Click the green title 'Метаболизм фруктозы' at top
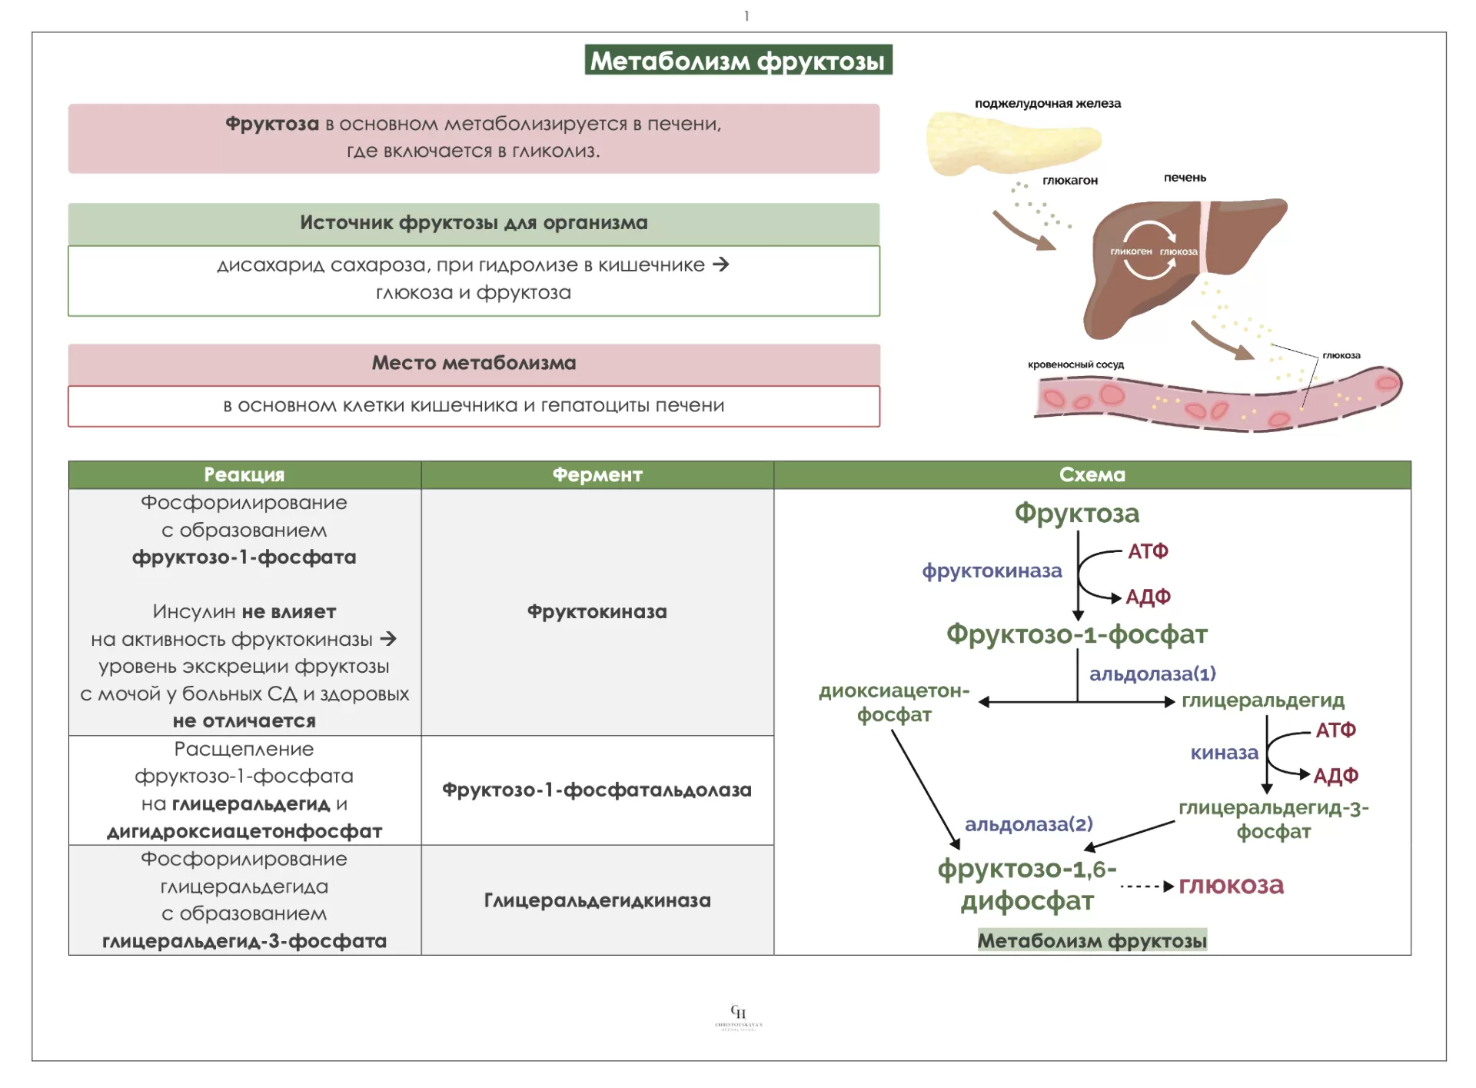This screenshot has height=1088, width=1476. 738,60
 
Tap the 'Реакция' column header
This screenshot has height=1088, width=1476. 244,474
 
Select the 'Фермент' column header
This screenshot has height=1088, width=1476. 597,474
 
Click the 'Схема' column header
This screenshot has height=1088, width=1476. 1092,474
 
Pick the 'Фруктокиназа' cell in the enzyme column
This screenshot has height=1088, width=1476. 597,611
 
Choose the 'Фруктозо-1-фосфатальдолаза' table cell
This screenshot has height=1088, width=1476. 597,790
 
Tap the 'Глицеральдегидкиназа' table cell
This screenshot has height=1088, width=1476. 597,900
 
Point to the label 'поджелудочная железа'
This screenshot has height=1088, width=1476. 1047,103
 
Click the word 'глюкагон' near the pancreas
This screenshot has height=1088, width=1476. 1070,180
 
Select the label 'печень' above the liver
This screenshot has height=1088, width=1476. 1185,178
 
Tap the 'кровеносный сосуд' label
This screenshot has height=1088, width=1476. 1075,364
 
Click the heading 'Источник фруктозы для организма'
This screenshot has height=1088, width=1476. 474,223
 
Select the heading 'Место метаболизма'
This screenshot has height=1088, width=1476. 474,363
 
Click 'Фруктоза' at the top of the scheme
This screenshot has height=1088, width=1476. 1076,513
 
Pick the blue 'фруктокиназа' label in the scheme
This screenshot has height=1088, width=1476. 992,571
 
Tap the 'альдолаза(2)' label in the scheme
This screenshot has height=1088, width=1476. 1029,824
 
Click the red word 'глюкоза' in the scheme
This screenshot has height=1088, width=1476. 1231,885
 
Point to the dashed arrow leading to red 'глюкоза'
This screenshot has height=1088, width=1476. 1146,887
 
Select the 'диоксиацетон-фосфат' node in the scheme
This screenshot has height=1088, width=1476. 894,702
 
